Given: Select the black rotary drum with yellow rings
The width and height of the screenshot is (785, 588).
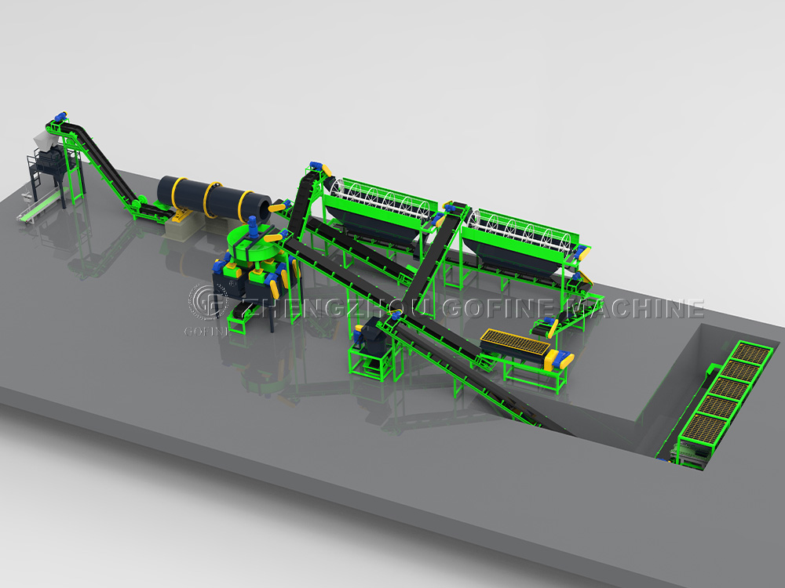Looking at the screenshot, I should click(212, 201).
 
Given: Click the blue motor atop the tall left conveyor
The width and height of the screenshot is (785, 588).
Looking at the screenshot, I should click(59, 117).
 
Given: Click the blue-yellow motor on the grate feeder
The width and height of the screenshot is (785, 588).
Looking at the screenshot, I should click(561, 359).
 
